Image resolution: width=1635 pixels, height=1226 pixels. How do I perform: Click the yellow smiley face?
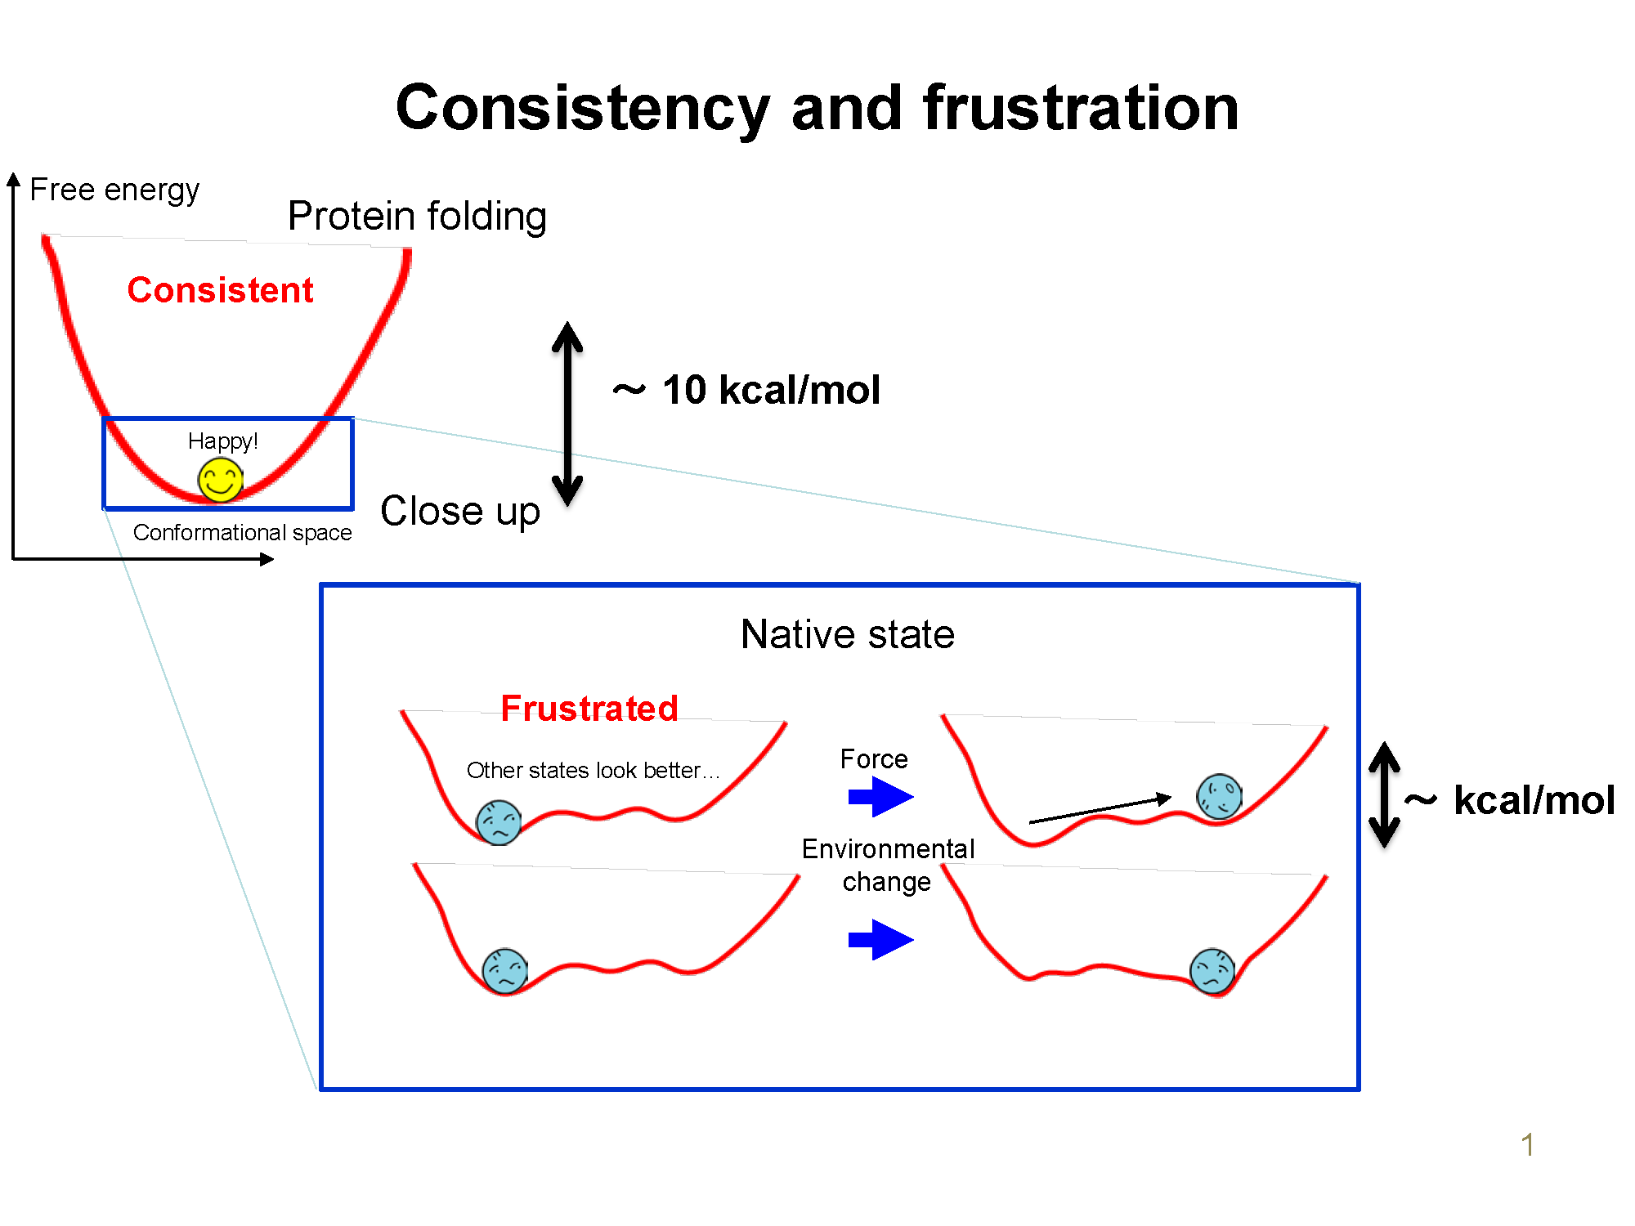[x=220, y=480]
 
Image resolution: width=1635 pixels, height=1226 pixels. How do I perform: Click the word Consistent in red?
[x=220, y=290]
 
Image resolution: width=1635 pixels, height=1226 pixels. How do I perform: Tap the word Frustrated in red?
[x=589, y=708]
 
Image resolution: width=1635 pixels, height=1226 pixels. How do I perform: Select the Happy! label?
[x=222, y=441]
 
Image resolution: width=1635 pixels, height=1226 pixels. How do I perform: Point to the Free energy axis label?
[x=114, y=190]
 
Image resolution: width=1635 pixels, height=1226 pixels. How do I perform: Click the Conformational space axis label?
[x=242, y=533]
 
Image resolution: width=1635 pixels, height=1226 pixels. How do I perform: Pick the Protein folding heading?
[x=417, y=217]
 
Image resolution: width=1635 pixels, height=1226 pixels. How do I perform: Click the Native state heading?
[x=848, y=634]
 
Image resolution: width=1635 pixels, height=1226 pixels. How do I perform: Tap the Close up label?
[x=460, y=512]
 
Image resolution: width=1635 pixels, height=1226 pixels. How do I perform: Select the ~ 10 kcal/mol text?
[x=747, y=390]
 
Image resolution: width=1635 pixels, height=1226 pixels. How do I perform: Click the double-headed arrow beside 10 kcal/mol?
[x=567, y=414]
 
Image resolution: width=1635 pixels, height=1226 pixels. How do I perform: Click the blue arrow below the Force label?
[x=880, y=796]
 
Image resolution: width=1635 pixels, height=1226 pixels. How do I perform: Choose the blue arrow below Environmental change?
[x=880, y=939]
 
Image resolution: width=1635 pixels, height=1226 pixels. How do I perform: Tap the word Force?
[x=874, y=759]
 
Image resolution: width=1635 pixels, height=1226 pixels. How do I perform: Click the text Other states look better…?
[x=593, y=770]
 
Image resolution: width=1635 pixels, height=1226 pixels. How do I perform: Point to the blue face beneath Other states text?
[x=499, y=822]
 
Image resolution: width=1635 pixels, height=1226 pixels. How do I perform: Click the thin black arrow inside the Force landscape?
[x=1100, y=809]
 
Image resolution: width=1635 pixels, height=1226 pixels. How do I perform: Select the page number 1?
[x=1527, y=1144]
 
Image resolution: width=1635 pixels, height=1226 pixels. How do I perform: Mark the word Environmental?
[x=888, y=849]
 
